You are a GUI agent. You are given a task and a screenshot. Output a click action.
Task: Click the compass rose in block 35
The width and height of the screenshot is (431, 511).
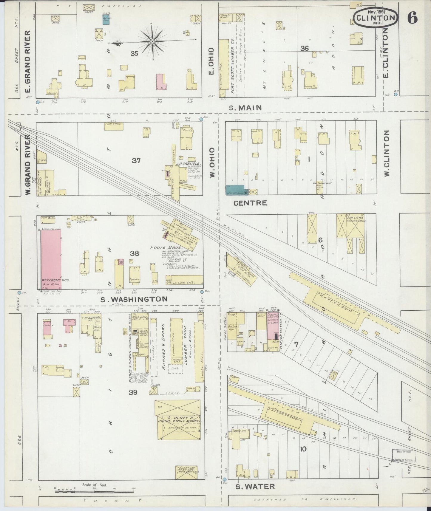click(x=152, y=41)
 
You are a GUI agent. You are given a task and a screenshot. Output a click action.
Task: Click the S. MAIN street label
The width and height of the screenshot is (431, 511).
click(x=245, y=108)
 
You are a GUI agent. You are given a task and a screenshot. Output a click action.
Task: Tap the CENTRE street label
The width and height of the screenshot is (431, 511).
click(x=250, y=203)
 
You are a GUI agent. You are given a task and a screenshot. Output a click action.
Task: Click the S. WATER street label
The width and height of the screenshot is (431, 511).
click(x=255, y=487)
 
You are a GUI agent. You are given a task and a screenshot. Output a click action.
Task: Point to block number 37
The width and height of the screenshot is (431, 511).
click(x=136, y=161)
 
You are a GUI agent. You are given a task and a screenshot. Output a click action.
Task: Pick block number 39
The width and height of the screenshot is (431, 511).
click(x=133, y=392)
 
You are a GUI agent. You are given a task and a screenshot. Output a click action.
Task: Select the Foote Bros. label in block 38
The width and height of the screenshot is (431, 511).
click(x=162, y=247)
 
